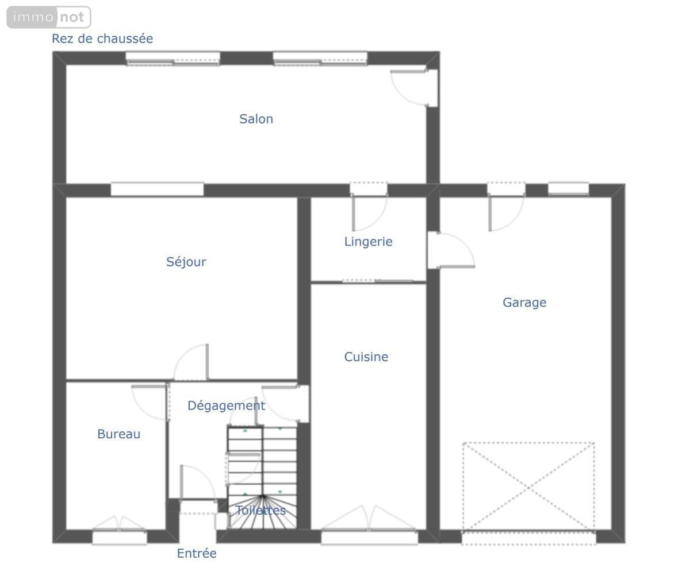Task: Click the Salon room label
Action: pyautogui.click(x=256, y=119)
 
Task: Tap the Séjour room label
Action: pyautogui.click(x=186, y=262)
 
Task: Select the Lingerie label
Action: pyautogui.click(x=368, y=242)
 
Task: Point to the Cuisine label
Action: pyautogui.click(x=366, y=357)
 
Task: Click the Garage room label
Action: pyautogui.click(x=524, y=303)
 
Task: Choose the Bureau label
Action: pyautogui.click(x=119, y=434)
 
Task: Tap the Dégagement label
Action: pyautogui.click(x=227, y=406)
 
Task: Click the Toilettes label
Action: pyautogui.click(x=260, y=510)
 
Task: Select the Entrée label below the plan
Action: pyautogui.click(x=197, y=553)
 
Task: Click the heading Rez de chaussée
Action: pyautogui.click(x=102, y=38)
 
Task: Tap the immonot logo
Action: pyautogui.click(x=49, y=17)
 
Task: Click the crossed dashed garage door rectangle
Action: pyautogui.click(x=528, y=487)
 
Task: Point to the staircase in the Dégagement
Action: pyautogui.click(x=262, y=478)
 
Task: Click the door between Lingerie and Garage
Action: pyautogui.click(x=451, y=250)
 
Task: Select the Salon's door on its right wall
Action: pyautogui.click(x=414, y=87)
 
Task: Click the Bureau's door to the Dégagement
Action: pyautogui.click(x=150, y=402)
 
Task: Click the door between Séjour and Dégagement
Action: pyautogui.click(x=191, y=362)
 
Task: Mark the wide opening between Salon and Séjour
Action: pyautogui.click(x=157, y=190)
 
